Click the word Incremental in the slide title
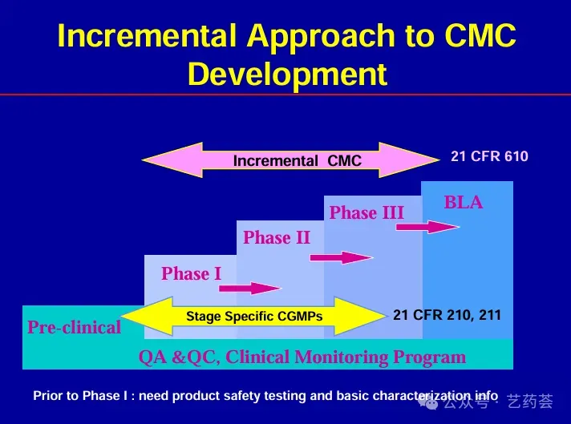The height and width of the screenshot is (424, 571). point(148,36)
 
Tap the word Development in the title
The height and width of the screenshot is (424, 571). point(287,74)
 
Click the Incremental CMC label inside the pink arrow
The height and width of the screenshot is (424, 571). point(297,161)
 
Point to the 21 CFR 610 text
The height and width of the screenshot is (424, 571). point(489,156)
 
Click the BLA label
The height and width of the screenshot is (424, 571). point(464,203)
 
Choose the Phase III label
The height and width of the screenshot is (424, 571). point(366,212)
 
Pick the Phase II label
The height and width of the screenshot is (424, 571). point(277,237)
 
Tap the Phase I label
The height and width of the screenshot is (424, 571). point(191,274)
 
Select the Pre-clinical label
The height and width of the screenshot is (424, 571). point(74,327)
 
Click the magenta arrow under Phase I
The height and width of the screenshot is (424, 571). point(249,288)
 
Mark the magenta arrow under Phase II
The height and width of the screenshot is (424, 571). point(341,257)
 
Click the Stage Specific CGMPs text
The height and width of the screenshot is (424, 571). point(254,317)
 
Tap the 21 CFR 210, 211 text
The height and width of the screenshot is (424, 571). point(447,315)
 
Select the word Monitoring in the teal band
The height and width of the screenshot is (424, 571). point(339,357)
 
